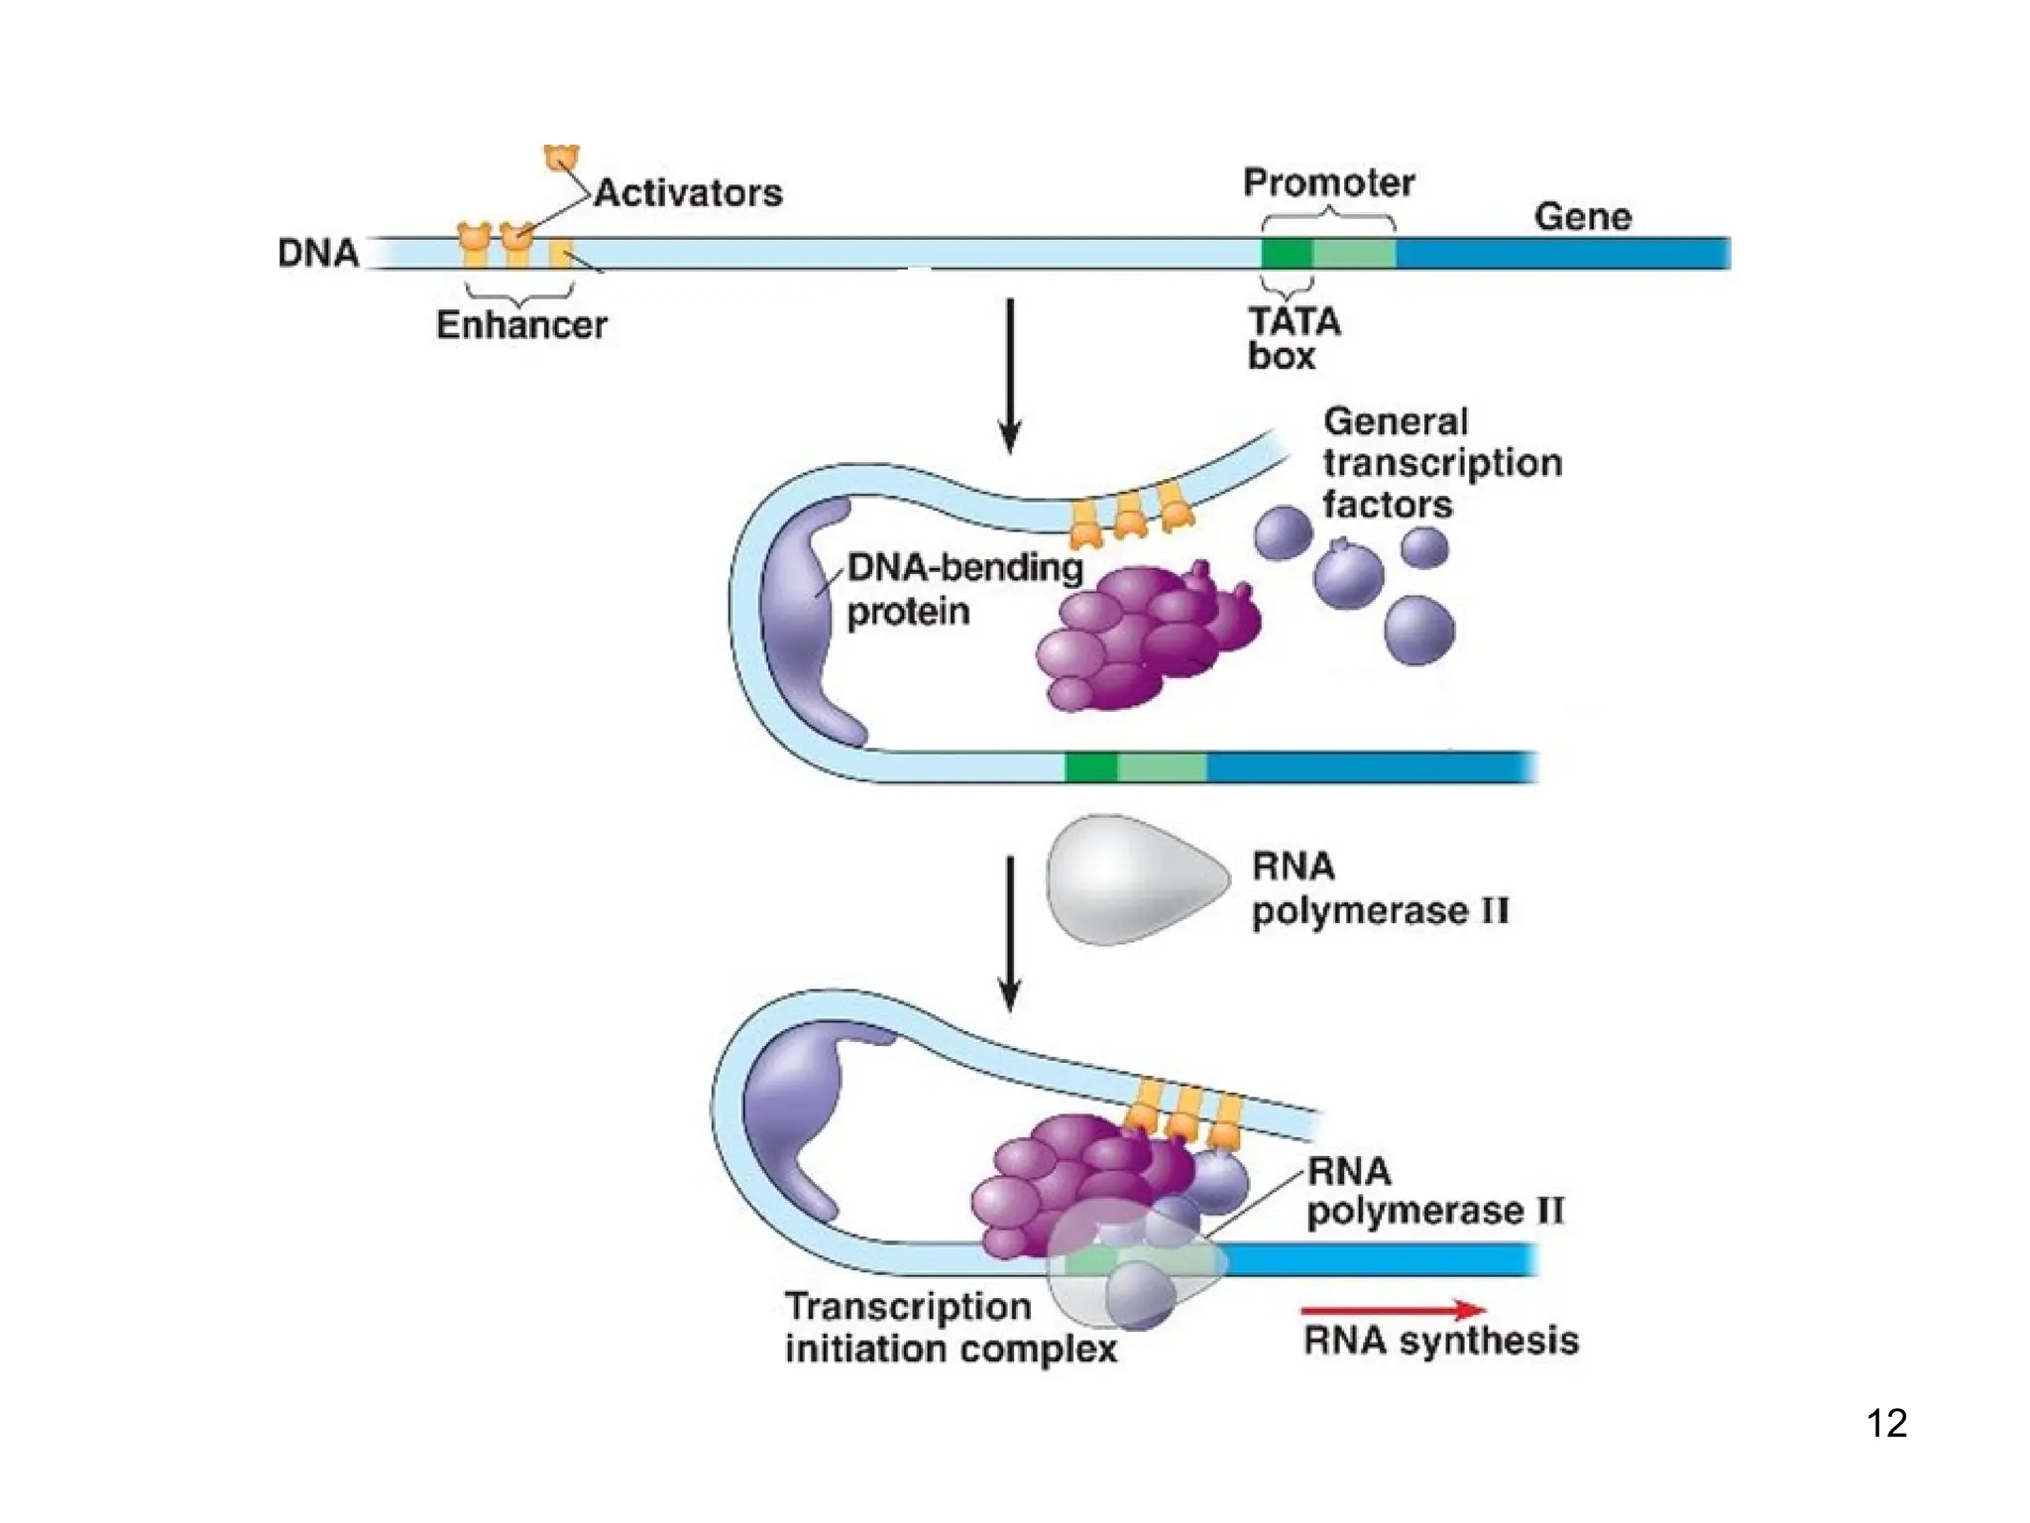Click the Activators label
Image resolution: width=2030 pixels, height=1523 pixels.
click(688, 193)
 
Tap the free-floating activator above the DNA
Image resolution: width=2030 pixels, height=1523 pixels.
click(561, 158)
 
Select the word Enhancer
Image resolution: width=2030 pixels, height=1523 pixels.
click(521, 325)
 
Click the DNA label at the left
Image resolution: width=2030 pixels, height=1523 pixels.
click(317, 254)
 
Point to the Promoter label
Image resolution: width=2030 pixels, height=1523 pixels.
click(1328, 183)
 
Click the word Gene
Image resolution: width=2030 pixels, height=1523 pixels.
click(1582, 217)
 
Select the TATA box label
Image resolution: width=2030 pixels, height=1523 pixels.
click(1293, 338)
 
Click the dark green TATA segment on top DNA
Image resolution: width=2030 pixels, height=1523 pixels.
click(1287, 254)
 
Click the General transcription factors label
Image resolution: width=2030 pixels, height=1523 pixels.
click(1441, 463)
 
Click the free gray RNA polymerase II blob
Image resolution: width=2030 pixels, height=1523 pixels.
click(1130, 879)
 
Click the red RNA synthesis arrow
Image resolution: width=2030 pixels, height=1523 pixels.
click(1393, 1310)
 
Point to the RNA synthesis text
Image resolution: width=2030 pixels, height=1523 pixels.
click(1440, 1342)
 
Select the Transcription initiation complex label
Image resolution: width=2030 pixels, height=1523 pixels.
click(949, 1329)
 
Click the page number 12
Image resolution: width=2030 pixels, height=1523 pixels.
click(1886, 1424)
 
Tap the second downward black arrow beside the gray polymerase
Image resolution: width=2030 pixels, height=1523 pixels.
click(1009, 932)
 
